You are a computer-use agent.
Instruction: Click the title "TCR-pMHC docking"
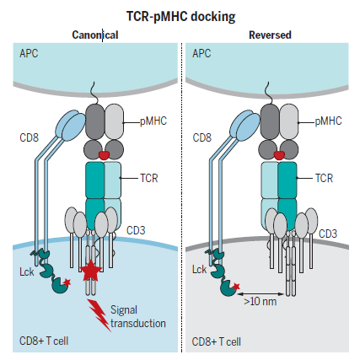pos(180,17)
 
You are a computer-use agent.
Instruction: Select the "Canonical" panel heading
pos(95,35)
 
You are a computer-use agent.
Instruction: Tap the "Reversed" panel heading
pos(270,35)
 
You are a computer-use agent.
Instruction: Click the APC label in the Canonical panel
pos(29,53)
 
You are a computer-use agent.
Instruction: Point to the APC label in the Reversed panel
pos(201,53)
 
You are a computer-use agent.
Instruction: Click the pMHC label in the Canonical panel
pos(153,121)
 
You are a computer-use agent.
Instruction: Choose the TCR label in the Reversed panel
pos(324,178)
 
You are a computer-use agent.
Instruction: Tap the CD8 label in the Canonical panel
pos(29,137)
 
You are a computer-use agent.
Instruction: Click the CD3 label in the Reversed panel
pos(328,234)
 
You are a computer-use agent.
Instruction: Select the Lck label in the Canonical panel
pos(27,271)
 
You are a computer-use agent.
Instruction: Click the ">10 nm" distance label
pos(261,302)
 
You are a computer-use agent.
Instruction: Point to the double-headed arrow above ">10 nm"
pos(261,294)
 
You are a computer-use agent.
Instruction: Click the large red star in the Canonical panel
pos(91,271)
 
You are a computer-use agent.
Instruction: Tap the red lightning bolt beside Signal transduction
pos(99,314)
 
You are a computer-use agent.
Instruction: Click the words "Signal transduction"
pos(138,317)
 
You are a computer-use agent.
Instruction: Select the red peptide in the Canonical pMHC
pos(104,155)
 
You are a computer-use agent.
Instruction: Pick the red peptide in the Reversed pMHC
pos(279,155)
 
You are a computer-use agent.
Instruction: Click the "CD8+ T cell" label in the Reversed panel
pos(217,341)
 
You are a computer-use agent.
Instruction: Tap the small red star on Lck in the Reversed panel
pos(236,287)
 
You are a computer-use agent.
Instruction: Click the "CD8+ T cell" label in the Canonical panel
pos(44,341)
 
